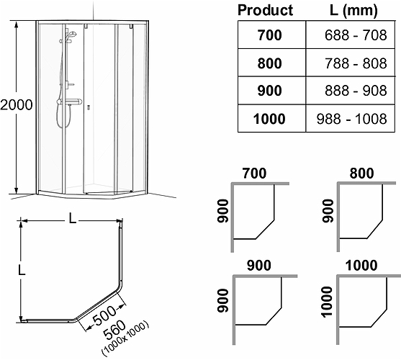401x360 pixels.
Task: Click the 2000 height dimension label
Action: (16, 104)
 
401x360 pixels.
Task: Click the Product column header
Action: (265, 11)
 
